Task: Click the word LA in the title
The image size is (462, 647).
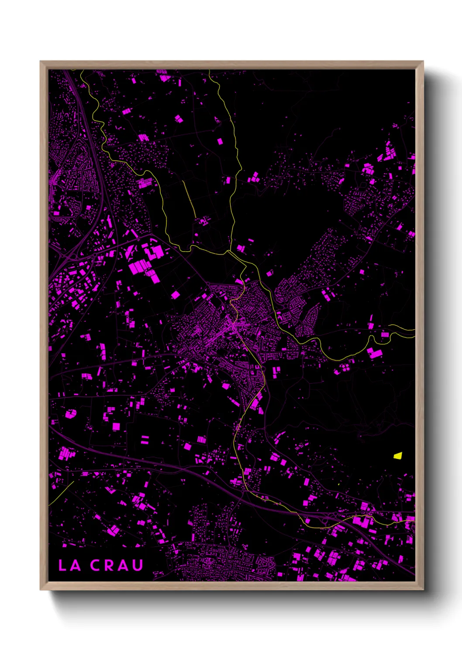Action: pyautogui.click(x=70, y=565)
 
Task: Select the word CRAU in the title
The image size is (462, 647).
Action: pyautogui.click(x=117, y=565)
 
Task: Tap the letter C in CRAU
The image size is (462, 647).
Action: pyautogui.click(x=96, y=565)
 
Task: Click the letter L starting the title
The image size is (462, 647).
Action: pyautogui.click(x=63, y=565)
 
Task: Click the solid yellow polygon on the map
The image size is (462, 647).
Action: pyautogui.click(x=397, y=456)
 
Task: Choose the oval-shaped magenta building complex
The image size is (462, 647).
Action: pyautogui.click(x=70, y=413)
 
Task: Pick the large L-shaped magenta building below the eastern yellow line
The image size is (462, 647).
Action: pyautogui.click(x=374, y=353)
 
